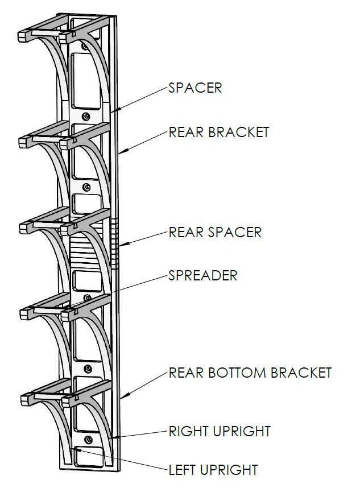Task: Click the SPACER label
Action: click(195, 88)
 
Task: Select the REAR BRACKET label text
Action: click(219, 133)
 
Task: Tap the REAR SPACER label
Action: click(215, 233)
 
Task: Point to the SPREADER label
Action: click(203, 275)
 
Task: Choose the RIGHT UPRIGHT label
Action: click(220, 431)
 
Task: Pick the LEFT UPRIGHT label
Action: click(213, 470)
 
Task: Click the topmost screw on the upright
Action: click(85, 47)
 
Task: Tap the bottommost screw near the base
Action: click(89, 440)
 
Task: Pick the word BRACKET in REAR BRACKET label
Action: click(239, 133)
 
